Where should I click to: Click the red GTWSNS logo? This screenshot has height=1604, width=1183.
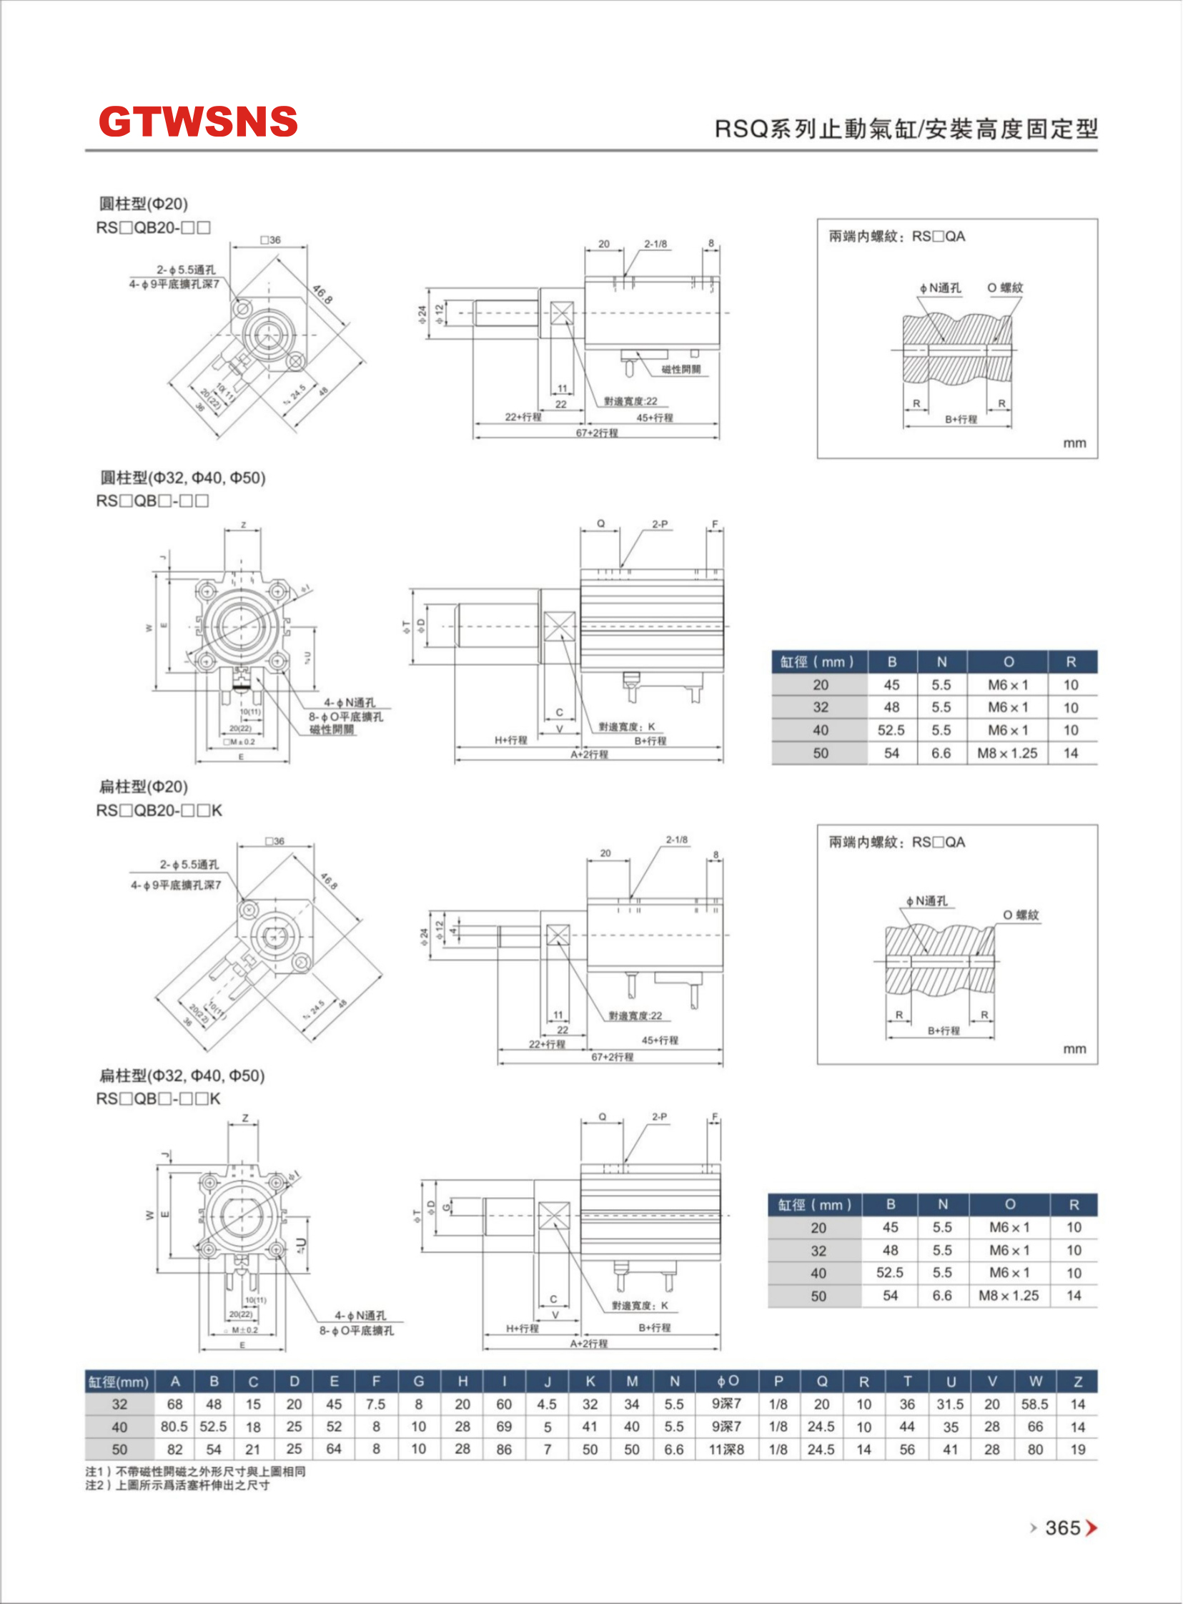click(x=198, y=121)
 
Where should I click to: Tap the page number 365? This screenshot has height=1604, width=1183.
click(x=1062, y=1528)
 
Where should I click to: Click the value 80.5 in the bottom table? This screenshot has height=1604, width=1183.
click(x=174, y=1427)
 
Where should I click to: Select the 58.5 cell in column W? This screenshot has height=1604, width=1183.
click(x=1035, y=1404)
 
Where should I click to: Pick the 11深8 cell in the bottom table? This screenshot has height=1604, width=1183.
click(x=726, y=1450)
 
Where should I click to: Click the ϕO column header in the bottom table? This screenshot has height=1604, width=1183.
click(x=727, y=1381)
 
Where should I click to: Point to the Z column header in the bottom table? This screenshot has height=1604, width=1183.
click(x=1078, y=1381)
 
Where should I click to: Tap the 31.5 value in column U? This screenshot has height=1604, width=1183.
click(x=950, y=1404)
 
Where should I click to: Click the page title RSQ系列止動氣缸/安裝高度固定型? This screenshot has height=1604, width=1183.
click(x=906, y=129)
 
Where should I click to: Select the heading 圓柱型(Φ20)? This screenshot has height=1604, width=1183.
click(x=143, y=205)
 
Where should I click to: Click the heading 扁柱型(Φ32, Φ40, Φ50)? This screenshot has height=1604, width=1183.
click(x=182, y=1076)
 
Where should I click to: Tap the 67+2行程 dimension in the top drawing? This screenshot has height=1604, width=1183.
click(x=597, y=433)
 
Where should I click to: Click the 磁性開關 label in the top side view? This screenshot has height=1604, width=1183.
click(x=681, y=370)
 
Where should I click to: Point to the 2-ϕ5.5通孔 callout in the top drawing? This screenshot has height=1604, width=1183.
click(x=186, y=270)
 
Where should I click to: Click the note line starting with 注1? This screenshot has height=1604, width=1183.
click(x=195, y=1472)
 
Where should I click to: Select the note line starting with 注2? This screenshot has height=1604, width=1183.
click(x=177, y=1485)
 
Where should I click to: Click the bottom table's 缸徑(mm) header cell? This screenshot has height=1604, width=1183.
click(x=119, y=1381)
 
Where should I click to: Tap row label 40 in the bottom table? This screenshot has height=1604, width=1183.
click(x=119, y=1427)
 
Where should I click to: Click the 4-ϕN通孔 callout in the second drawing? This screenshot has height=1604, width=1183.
click(x=350, y=703)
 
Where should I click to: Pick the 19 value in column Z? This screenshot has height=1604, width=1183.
click(x=1078, y=1450)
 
